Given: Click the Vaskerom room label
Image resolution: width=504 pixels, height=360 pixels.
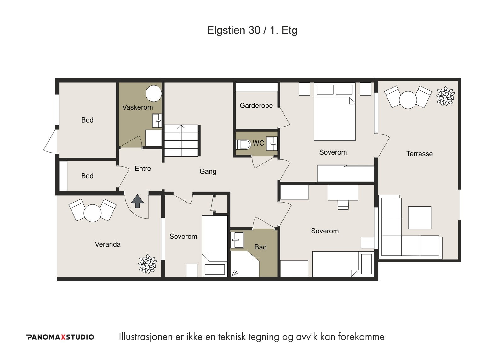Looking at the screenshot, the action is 137,107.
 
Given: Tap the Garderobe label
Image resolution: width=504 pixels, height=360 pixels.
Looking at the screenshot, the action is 256,105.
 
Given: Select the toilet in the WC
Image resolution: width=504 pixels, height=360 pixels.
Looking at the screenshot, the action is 244,145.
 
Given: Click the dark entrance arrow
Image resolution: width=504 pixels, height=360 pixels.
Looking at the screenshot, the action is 137,201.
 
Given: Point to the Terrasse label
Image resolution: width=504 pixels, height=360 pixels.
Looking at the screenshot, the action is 419,154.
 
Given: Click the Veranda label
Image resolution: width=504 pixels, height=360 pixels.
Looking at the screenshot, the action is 107,244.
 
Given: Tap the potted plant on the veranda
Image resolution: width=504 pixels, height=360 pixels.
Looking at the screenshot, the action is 147,264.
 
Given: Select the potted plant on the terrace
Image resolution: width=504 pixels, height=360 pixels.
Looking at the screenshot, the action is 445,96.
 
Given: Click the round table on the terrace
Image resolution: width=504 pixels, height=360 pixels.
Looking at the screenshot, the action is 408,100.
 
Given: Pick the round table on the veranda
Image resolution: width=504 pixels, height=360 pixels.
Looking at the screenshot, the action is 93,213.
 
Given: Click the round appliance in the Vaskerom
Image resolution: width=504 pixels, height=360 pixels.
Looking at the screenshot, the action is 154,94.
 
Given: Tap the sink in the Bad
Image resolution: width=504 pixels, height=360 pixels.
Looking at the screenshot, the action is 237,240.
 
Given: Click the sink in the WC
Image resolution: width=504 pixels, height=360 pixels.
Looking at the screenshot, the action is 272,143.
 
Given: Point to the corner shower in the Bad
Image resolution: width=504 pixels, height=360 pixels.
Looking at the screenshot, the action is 245,264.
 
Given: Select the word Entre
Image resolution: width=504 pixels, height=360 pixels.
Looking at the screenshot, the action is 143,168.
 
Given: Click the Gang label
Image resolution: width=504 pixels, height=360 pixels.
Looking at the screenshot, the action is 208,171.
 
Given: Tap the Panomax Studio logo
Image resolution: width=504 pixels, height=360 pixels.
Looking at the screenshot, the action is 60,337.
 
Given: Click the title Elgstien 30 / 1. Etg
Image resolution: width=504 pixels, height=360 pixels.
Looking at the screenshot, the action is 252,30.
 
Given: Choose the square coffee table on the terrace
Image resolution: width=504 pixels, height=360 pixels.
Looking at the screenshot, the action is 420,218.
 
